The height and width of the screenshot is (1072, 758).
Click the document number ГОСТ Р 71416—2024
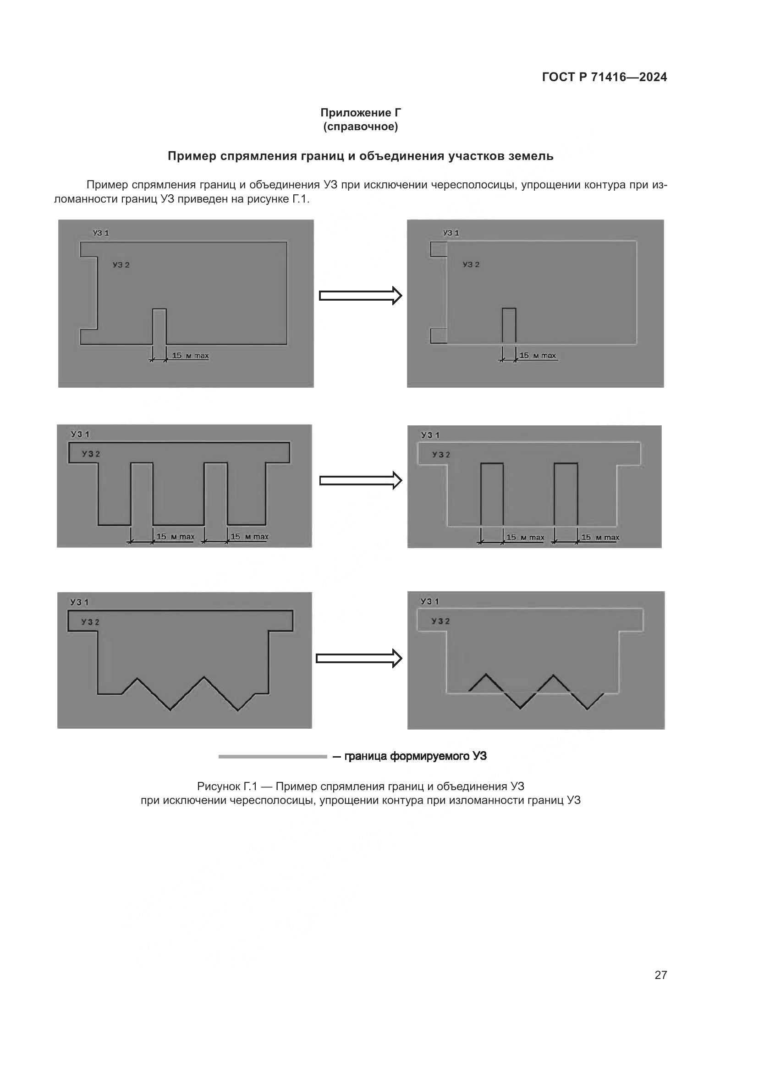[x=604, y=77]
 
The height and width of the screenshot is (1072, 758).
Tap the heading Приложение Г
[x=360, y=113]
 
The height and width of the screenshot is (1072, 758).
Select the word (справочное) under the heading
[x=360, y=126]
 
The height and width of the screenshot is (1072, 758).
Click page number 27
[x=660, y=975]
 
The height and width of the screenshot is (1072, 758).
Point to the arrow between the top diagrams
[x=360, y=296]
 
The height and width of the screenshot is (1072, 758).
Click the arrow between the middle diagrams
[x=360, y=480]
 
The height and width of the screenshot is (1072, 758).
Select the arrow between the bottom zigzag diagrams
[x=358, y=658]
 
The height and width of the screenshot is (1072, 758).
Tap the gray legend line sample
[x=273, y=756]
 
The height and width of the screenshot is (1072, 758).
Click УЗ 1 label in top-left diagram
[x=101, y=233]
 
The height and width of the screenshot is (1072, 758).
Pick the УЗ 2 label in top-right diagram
[x=471, y=265]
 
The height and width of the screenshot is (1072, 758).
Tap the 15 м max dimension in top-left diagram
[x=190, y=356]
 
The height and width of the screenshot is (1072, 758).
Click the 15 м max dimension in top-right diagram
[x=537, y=356]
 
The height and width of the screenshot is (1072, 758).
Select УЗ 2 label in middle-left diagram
[x=91, y=454]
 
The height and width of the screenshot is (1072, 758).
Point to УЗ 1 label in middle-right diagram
[x=430, y=435]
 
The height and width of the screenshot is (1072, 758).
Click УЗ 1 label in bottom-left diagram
[x=79, y=602]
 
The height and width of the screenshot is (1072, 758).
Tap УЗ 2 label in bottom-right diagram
[x=440, y=621]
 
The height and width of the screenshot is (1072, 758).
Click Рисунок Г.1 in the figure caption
[x=227, y=786]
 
